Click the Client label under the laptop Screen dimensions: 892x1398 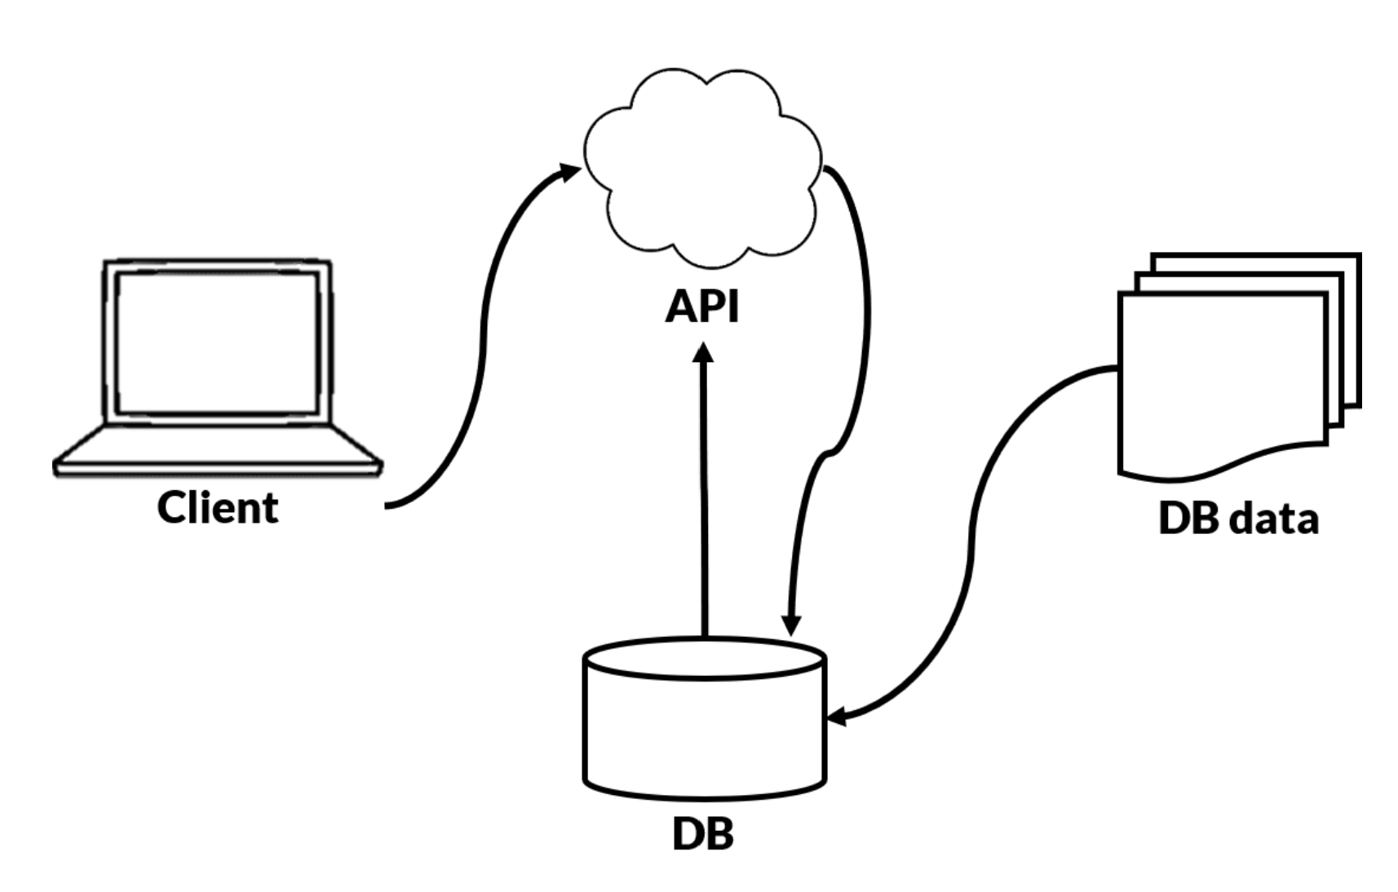click(217, 507)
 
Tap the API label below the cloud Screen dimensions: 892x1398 click(701, 307)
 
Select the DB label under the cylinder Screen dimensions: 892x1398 click(702, 833)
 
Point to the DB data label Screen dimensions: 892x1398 click(1237, 518)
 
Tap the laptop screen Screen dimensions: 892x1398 click(217, 342)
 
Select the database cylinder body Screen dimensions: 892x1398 click(705, 734)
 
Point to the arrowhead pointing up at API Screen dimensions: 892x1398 click(703, 353)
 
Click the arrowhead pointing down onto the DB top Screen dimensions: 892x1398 click(790, 625)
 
